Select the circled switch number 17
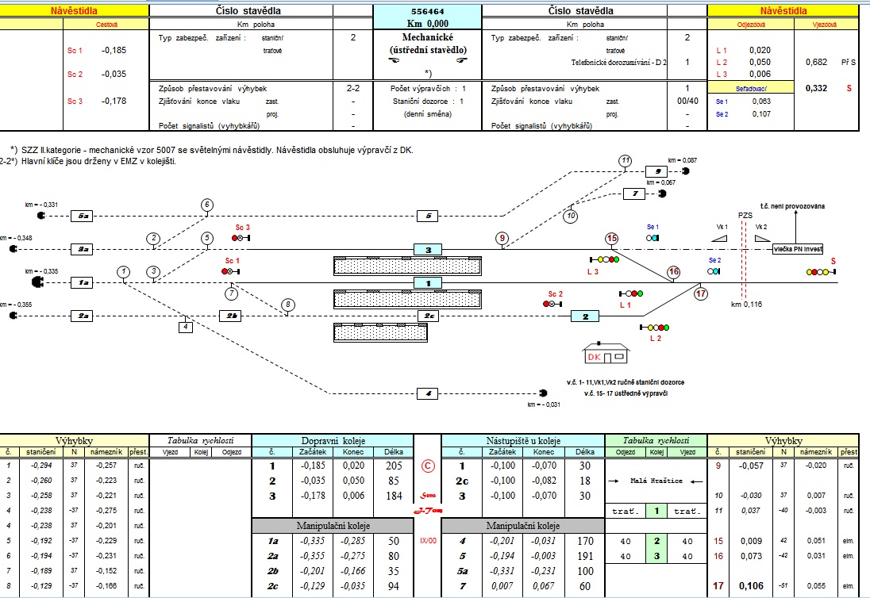[x=700, y=293]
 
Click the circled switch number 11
[x=626, y=161]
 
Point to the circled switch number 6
[x=206, y=205]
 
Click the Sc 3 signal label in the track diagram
[x=242, y=228]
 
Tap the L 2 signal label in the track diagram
[x=655, y=339]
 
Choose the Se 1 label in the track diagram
[x=652, y=227]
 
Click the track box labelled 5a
[x=83, y=216]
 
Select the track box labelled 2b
[x=229, y=316]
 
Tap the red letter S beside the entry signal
[x=833, y=260]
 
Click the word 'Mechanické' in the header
[x=427, y=37]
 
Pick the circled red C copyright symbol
[x=427, y=466]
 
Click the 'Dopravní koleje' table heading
[x=331, y=440]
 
